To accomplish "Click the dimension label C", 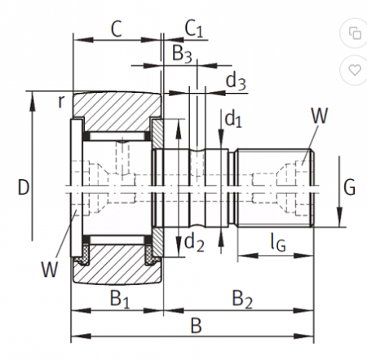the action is click(x=117, y=29).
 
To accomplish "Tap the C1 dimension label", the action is click(x=194, y=29).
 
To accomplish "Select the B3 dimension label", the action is click(x=182, y=53).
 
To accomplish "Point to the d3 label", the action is click(x=236, y=81).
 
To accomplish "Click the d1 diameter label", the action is click(x=233, y=119).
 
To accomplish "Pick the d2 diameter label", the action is click(x=194, y=242).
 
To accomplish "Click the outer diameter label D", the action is click(x=24, y=187).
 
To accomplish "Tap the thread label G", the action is click(x=349, y=187).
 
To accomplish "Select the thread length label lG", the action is click(x=278, y=243).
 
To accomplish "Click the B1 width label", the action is click(x=120, y=299).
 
